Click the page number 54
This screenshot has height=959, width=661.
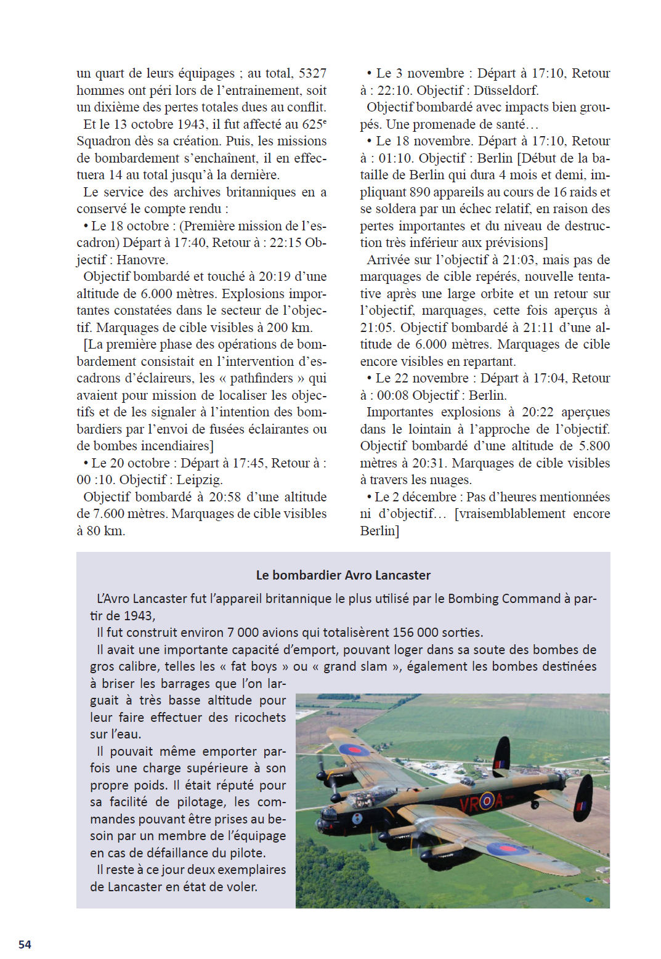click(25, 944)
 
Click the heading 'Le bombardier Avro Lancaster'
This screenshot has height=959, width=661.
click(343, 575)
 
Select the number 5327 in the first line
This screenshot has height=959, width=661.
click(312, 73)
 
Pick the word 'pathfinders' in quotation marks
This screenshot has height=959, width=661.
click(262, 378)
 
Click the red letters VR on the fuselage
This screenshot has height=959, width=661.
click(469, 803)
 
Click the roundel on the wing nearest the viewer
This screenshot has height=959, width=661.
click(507, 849)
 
